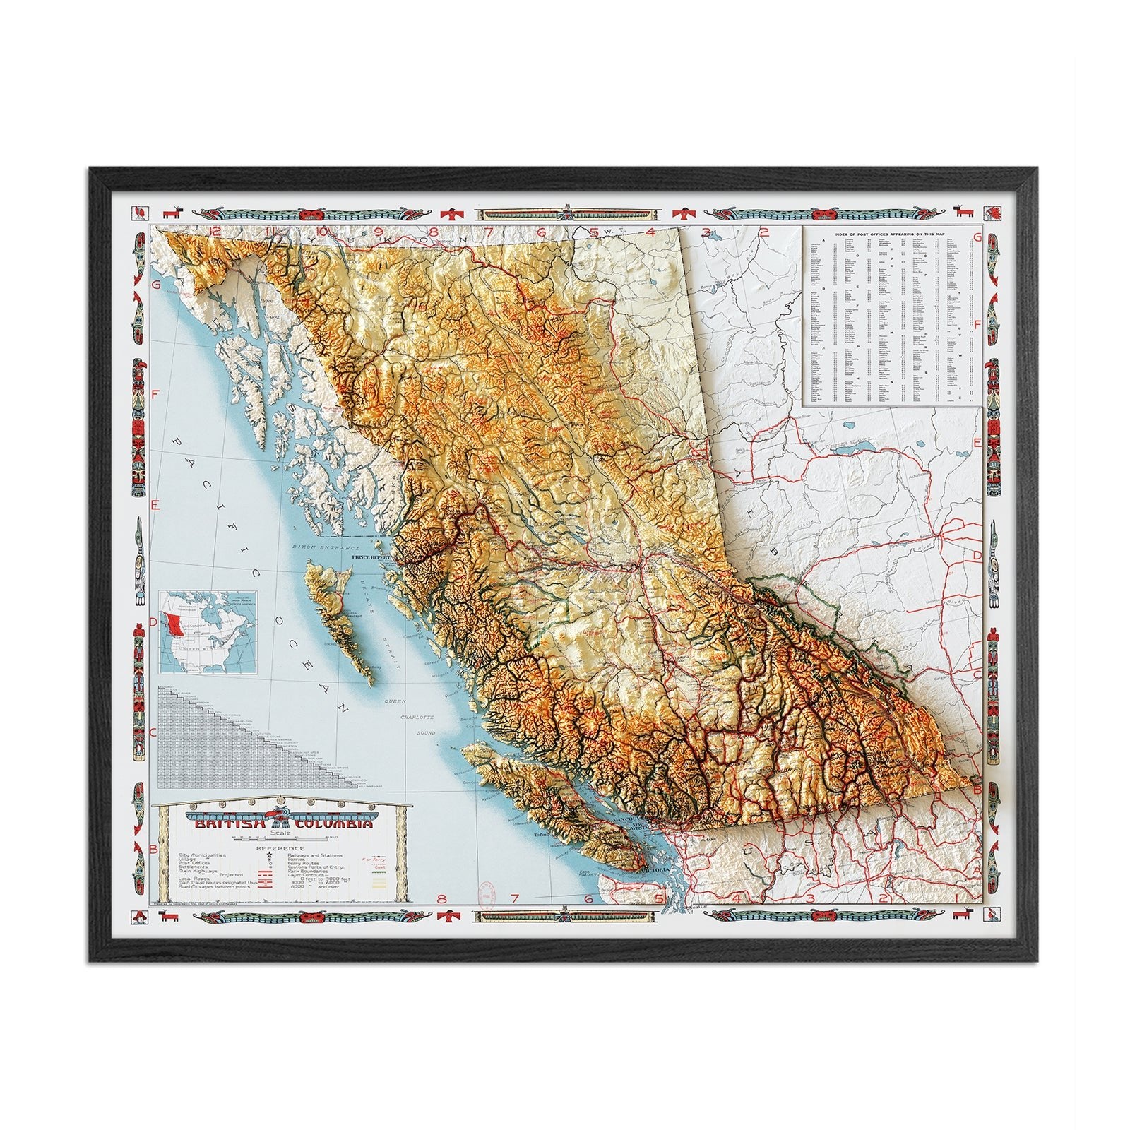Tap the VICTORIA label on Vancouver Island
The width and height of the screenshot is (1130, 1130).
tap(661, 869)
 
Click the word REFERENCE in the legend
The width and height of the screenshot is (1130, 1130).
tap(280, 848)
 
